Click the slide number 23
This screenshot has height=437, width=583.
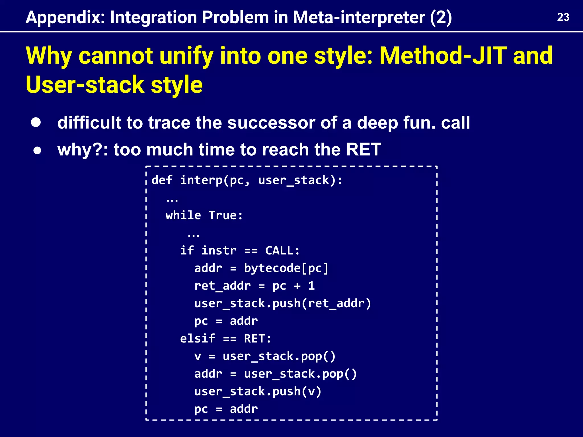click(x=563, y=17)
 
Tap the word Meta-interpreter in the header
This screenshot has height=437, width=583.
click(x=359, y=18)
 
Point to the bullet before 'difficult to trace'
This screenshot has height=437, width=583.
click(x=36, y=122)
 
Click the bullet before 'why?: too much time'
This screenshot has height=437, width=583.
click(x=37, y=151)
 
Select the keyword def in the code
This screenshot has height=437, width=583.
click(x=162, y=180)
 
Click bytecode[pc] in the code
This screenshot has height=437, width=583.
click(x=286, y=268)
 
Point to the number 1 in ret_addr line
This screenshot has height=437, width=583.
click(x=311, y=286)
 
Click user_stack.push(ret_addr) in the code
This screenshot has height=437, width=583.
click(x=283, y=304)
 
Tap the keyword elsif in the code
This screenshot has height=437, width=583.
click(x=198, y=339)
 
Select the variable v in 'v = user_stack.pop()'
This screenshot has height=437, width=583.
click(x=198, y=356)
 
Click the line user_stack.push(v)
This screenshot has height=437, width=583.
click(x=258, y=391)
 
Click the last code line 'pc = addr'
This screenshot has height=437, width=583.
click(x=226, y=409)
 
